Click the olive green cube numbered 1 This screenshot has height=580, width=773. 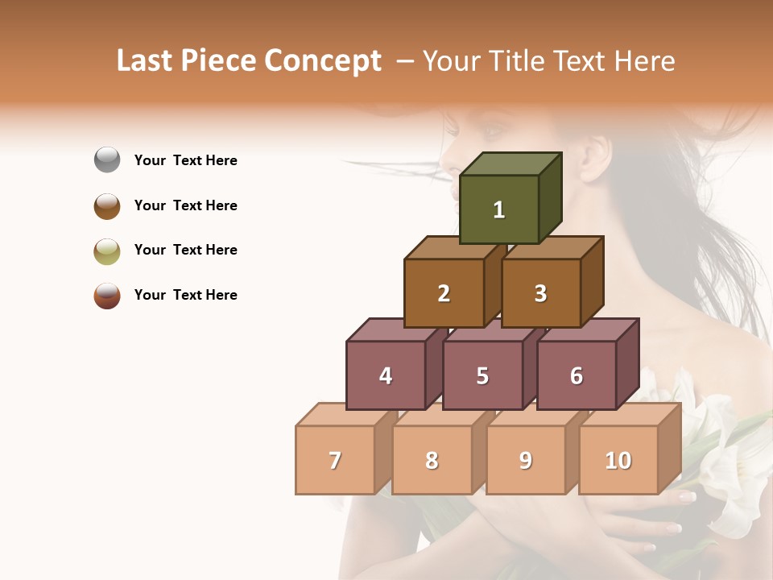(499, 209)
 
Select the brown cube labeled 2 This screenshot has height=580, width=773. (444, 293)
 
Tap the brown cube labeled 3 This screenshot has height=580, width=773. (540, 293)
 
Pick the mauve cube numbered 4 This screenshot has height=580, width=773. (386, 375)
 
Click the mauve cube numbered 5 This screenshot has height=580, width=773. (482, 375)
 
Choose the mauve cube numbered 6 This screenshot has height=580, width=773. (577, 375)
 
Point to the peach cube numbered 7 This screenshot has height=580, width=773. (335, 460)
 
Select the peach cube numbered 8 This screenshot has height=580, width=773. (432, 460)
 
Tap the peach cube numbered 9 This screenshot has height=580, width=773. (525, 460)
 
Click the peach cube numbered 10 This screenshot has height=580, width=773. (618, 460)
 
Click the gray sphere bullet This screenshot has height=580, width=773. (107, 160)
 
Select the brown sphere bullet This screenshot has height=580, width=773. (107, 205)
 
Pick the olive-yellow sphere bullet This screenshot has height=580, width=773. (107, 251)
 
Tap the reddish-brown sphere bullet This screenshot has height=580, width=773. (107, 295)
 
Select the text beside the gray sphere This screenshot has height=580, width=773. (186, 160)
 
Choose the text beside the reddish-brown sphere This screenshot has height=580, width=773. (186, 295)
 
